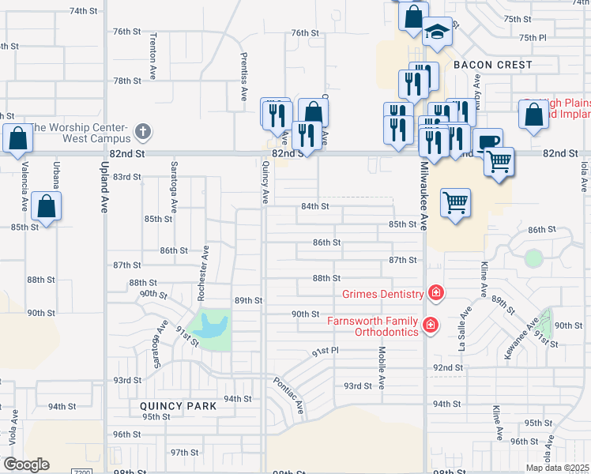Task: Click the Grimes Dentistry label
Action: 382,294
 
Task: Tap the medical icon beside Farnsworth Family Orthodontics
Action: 430,325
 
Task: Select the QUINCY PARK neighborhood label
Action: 178,406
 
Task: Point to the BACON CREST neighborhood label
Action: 492,65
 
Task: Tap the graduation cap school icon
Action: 436,32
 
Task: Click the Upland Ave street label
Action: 104,190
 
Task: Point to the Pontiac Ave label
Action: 288,396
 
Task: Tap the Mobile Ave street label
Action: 382,367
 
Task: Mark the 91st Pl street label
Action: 324,350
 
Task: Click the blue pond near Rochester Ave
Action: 211,325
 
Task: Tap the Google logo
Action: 26,465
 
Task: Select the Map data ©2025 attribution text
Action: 557,468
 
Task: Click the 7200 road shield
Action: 81,471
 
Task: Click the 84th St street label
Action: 314,206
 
